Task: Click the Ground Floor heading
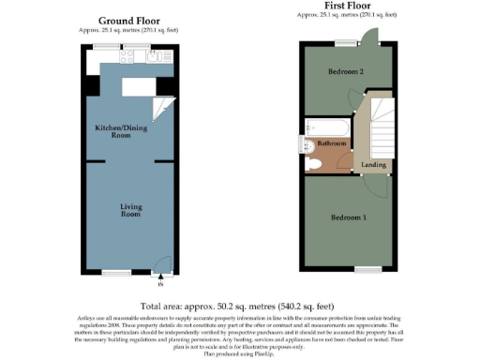click(128, 21)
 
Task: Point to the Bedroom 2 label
click(345, 72)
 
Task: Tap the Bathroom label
click(331, 143)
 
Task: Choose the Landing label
click(372, 165)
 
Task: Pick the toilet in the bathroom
click(316, 163)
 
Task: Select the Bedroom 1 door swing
click(378, 184)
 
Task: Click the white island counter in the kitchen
click(135, 85)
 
